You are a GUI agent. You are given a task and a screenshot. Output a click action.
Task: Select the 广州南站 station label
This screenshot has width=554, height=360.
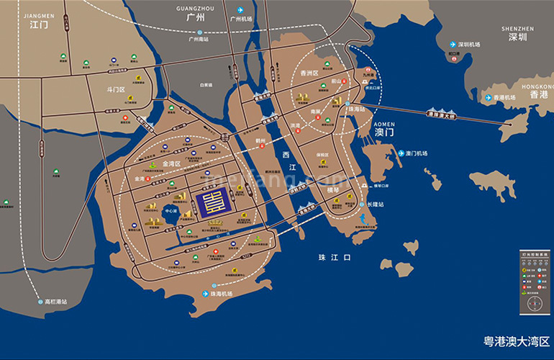(x=199, y=40)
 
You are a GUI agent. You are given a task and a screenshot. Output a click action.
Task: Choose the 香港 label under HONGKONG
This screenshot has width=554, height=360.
(x=539, y=94)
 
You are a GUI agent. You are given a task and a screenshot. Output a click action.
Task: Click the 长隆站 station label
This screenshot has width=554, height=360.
(x=376, y=204)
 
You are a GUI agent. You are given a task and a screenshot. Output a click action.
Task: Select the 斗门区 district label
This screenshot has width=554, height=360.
(x=116, y=89)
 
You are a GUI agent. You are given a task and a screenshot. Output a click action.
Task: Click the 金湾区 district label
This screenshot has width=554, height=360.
(x=173, y=164)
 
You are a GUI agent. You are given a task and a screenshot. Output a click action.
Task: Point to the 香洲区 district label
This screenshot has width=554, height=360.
(x=309, y=73)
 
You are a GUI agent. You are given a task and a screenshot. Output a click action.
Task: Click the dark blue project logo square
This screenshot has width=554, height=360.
(x=213, y=201)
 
